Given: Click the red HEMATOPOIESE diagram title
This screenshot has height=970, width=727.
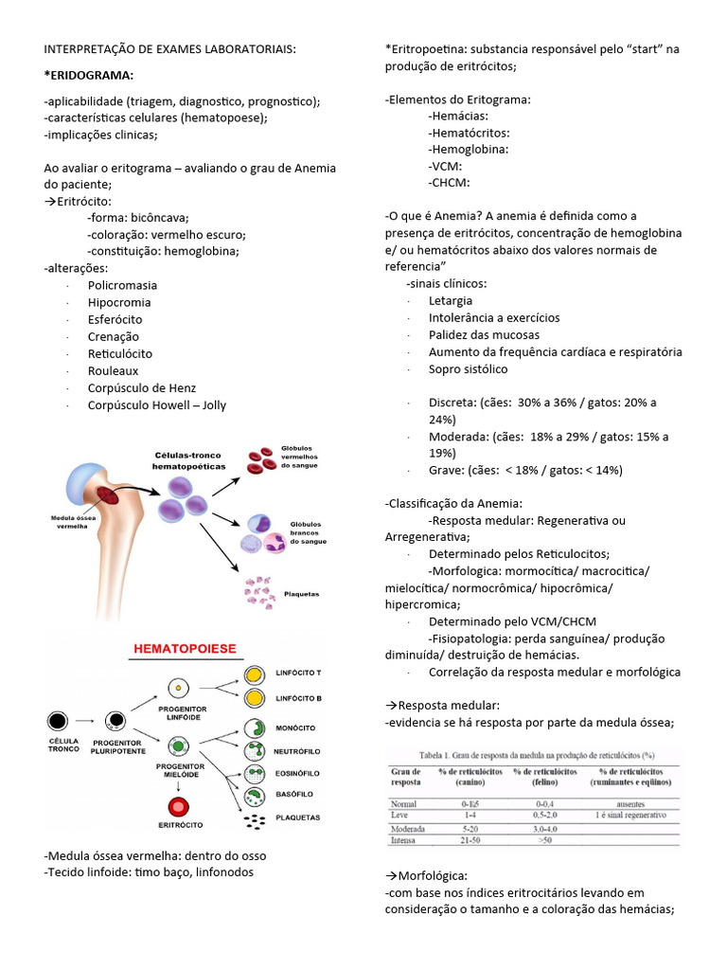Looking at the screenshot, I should [186, 649].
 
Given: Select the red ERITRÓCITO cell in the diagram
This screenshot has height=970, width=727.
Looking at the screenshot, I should [177, 808].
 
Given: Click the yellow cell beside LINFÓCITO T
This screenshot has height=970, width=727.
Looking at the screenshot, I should [253, 675].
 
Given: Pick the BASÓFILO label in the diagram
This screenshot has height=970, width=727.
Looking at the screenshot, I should [293, 794].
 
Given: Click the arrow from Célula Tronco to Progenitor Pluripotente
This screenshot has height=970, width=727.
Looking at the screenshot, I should [86, 719].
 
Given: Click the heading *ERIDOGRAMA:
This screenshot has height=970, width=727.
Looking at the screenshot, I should [89, 75].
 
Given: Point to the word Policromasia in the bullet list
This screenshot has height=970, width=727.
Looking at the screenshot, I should [122, 285].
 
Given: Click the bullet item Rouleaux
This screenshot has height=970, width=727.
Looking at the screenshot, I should [113, 370].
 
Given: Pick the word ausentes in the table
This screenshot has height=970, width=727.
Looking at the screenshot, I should [629, 803].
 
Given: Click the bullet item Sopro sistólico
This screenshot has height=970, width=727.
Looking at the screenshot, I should [468, 368].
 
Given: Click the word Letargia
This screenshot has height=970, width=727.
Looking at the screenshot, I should [451, 300].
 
